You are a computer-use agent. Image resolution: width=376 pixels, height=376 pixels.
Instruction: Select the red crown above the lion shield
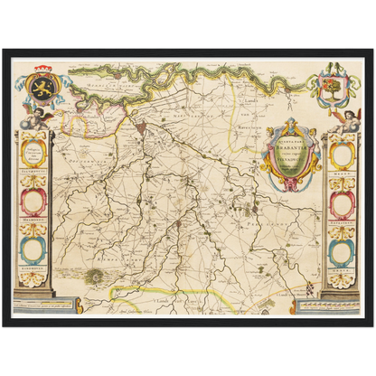click(43, 69)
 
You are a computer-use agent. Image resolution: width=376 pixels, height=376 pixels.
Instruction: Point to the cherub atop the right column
click(347, 118)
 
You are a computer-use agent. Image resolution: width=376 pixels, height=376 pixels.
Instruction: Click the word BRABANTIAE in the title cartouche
click(290, 135)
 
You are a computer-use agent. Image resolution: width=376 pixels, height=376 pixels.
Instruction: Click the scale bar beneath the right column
click(341, 306)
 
